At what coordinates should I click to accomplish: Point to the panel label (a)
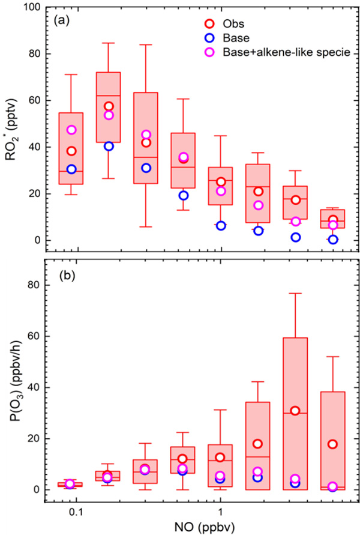pyautogui.click(x=59, y=20)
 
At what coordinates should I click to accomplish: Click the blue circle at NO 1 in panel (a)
pyautogui.click(x=221, y=226)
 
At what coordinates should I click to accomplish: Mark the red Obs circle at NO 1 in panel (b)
pyautogui.click(x=221, y=458)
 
